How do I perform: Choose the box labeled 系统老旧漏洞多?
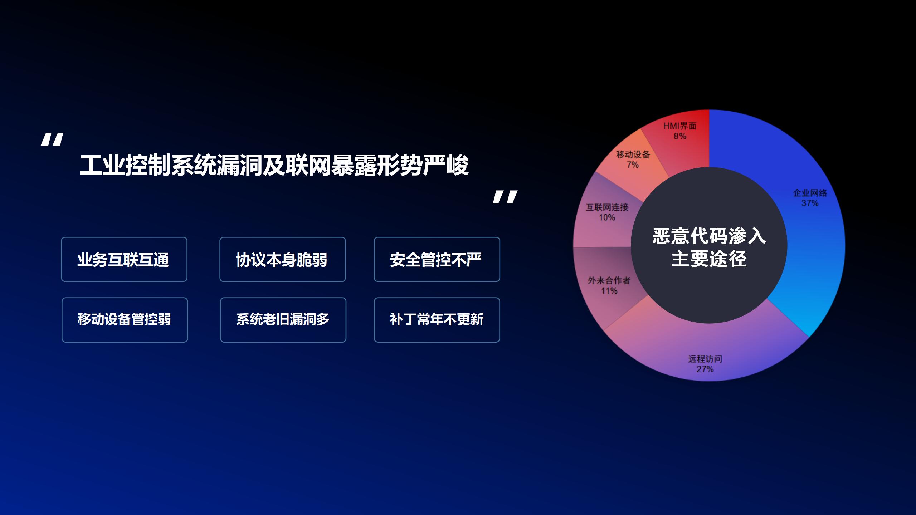point(283,320)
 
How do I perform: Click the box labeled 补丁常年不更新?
point(437,320)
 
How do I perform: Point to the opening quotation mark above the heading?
point(52,139)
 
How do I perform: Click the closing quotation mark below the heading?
point(505,197)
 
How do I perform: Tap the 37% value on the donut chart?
point(810,203)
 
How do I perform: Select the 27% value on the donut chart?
point(705,369)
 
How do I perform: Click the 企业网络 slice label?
point(810,193)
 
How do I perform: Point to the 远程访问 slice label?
point(705,359)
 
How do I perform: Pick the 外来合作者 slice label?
point(609,280)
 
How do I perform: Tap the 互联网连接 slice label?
point(607,207)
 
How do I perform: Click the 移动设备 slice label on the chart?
point(633,154)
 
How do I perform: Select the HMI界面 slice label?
point(680,126)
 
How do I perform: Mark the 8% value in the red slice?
point(680,136)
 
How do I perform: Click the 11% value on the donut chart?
point(609,291)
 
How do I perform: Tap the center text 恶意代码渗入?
point(709,236)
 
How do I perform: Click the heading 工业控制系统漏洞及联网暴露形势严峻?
point(274,165)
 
